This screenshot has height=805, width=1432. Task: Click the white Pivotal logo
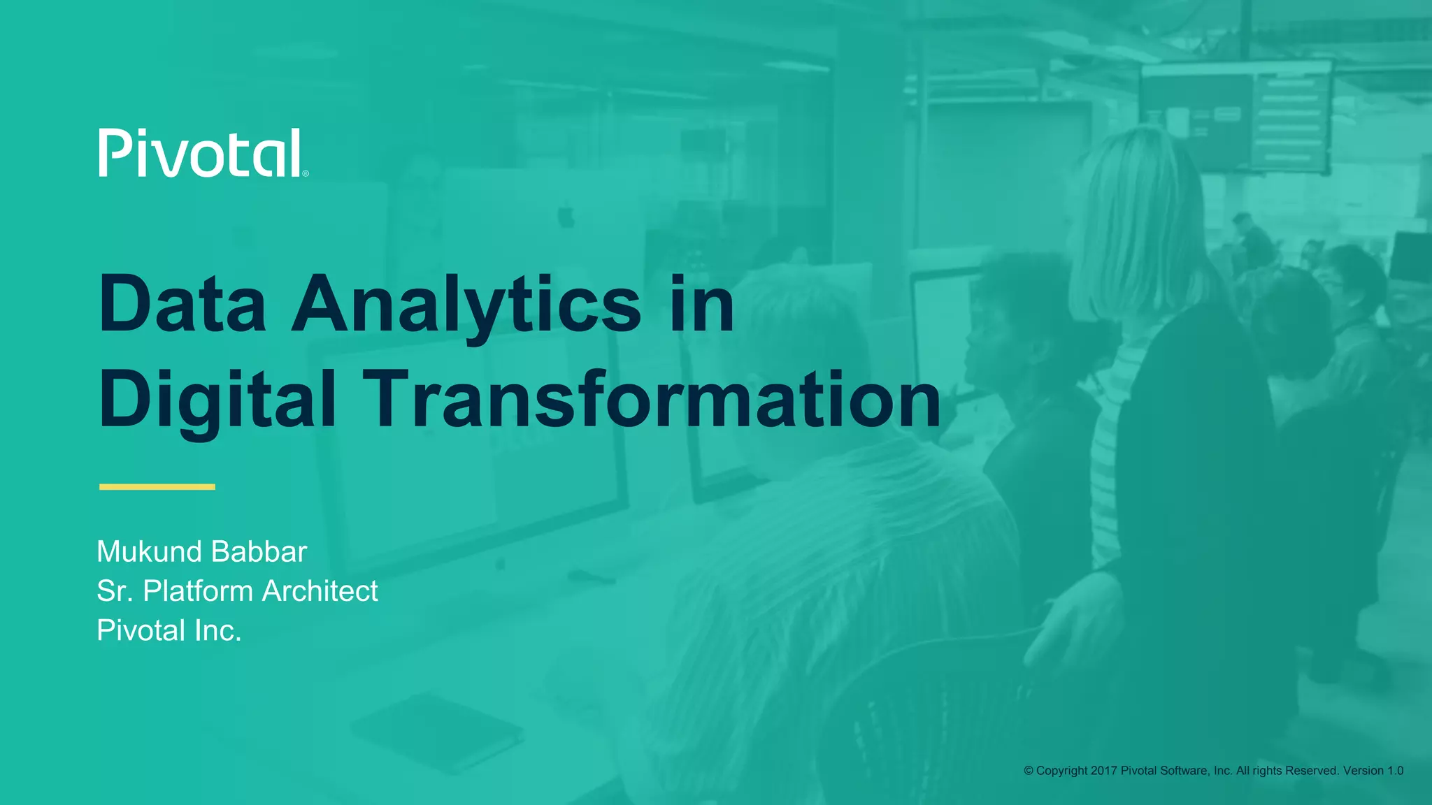[200, 152]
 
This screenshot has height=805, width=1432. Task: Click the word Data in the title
[182, 304]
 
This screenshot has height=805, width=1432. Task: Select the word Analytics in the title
[466, 305]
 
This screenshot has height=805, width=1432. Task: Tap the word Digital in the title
[217, 400]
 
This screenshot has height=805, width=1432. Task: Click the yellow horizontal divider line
[157, 486]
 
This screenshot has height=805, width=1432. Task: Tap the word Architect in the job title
[320, 591]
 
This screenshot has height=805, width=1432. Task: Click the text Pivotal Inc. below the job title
[169, 630]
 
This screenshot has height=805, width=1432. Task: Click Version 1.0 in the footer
[1373, 771]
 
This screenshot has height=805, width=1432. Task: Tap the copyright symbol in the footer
[1029, 771]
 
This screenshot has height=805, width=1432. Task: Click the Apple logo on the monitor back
[566, 216]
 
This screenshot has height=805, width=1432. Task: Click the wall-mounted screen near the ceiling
[1234, 115]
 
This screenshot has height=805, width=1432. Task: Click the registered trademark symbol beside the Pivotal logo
[306, 173]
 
